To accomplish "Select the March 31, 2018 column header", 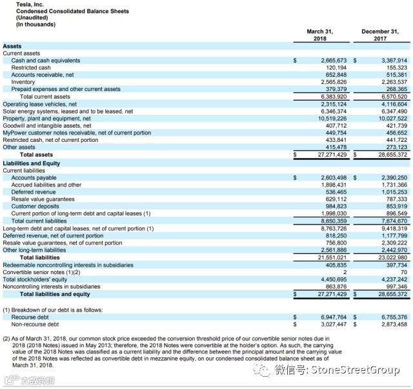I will tap(320, 35).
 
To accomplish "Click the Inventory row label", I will tap(23, 82).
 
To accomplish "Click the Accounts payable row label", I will tap(34, 177).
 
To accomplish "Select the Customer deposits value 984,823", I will tap(336, 206).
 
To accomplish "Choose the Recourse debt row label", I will tap(30, 317).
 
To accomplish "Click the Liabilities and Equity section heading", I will tap(31, 163).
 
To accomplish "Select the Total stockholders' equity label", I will tap(37, 279).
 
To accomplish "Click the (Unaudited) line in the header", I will tap(32, 19).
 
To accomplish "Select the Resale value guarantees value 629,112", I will tap(336, 199).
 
